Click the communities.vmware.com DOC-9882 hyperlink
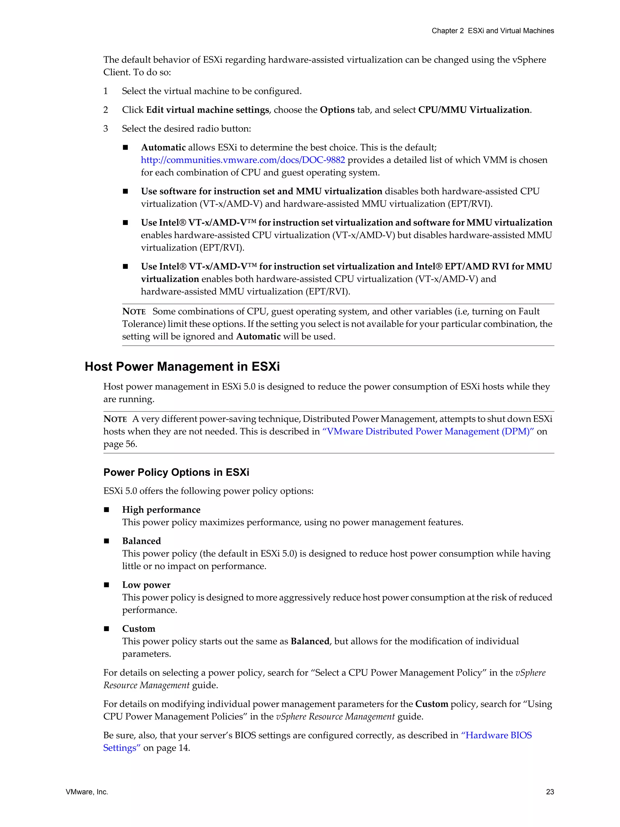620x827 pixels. point(242,160)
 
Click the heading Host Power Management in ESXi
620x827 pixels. point(182,366)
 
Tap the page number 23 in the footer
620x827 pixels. point(550,792)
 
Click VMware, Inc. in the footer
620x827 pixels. point(87,792)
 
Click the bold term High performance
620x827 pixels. point(161,510)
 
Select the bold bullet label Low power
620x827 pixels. point(146,585)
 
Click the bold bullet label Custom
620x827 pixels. point(139,628)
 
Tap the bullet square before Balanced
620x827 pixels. point(107,541)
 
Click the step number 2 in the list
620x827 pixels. point(106,110)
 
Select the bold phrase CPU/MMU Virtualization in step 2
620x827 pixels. point(474,110)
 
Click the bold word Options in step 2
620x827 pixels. point(337,110)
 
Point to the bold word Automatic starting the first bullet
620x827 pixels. point(163,147)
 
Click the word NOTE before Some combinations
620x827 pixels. point(134,311)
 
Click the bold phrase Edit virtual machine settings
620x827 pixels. point(207,110)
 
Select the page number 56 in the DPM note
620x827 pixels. point(130,444)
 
